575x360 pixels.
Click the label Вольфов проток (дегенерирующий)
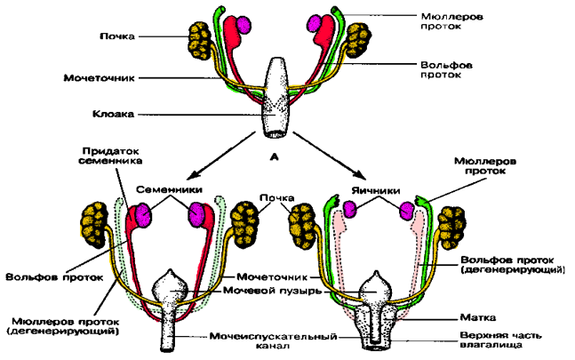tap(510, 263)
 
